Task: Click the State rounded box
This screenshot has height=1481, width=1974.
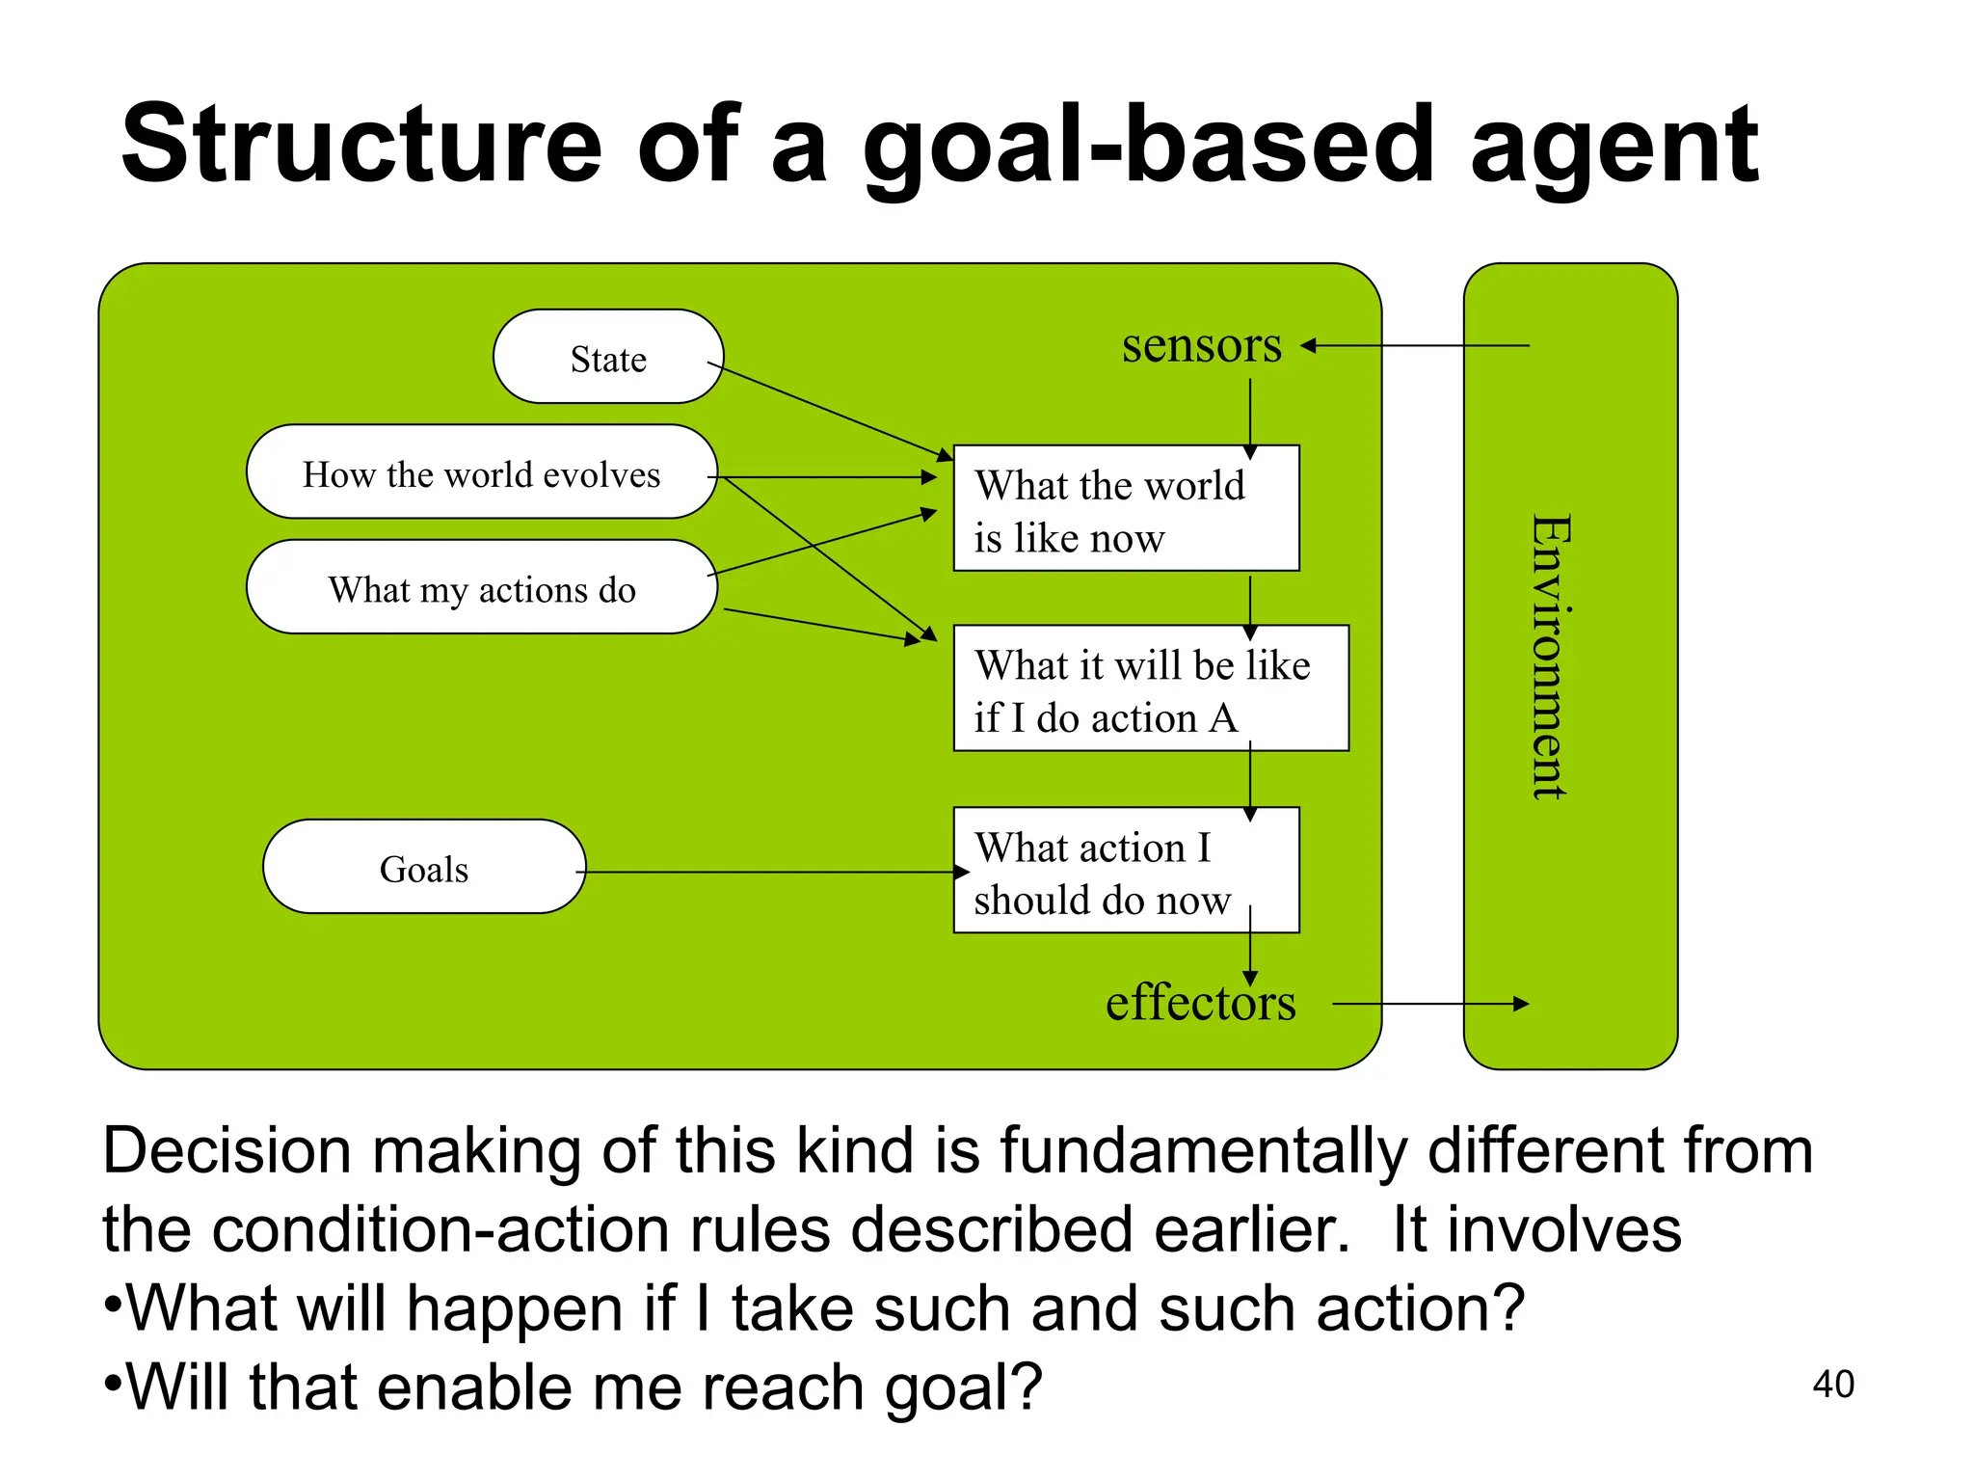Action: (x=608, y=357)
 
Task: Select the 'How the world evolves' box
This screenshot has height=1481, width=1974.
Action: (x=481, y=472)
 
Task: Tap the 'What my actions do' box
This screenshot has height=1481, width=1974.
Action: (x=481, y=587)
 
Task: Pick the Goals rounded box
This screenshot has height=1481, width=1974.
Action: (x=424, y=867)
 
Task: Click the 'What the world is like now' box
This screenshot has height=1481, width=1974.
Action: (x=1126, y=509)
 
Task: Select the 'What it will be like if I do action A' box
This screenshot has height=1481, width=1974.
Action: (x=1150, y=688)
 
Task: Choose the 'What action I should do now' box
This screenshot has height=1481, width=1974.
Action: (x=1126, y=871)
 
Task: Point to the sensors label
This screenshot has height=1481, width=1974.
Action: (x=1201, y=345)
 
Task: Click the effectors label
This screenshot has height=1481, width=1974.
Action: (x=1200, y=1004)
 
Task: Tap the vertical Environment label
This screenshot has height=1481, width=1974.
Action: (x=1552, y=657)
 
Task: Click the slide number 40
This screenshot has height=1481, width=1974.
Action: (x=1832, y=1384)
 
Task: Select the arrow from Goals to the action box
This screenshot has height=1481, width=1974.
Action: (x=771, y=872)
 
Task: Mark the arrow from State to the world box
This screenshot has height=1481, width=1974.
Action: (x=829, y=410)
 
